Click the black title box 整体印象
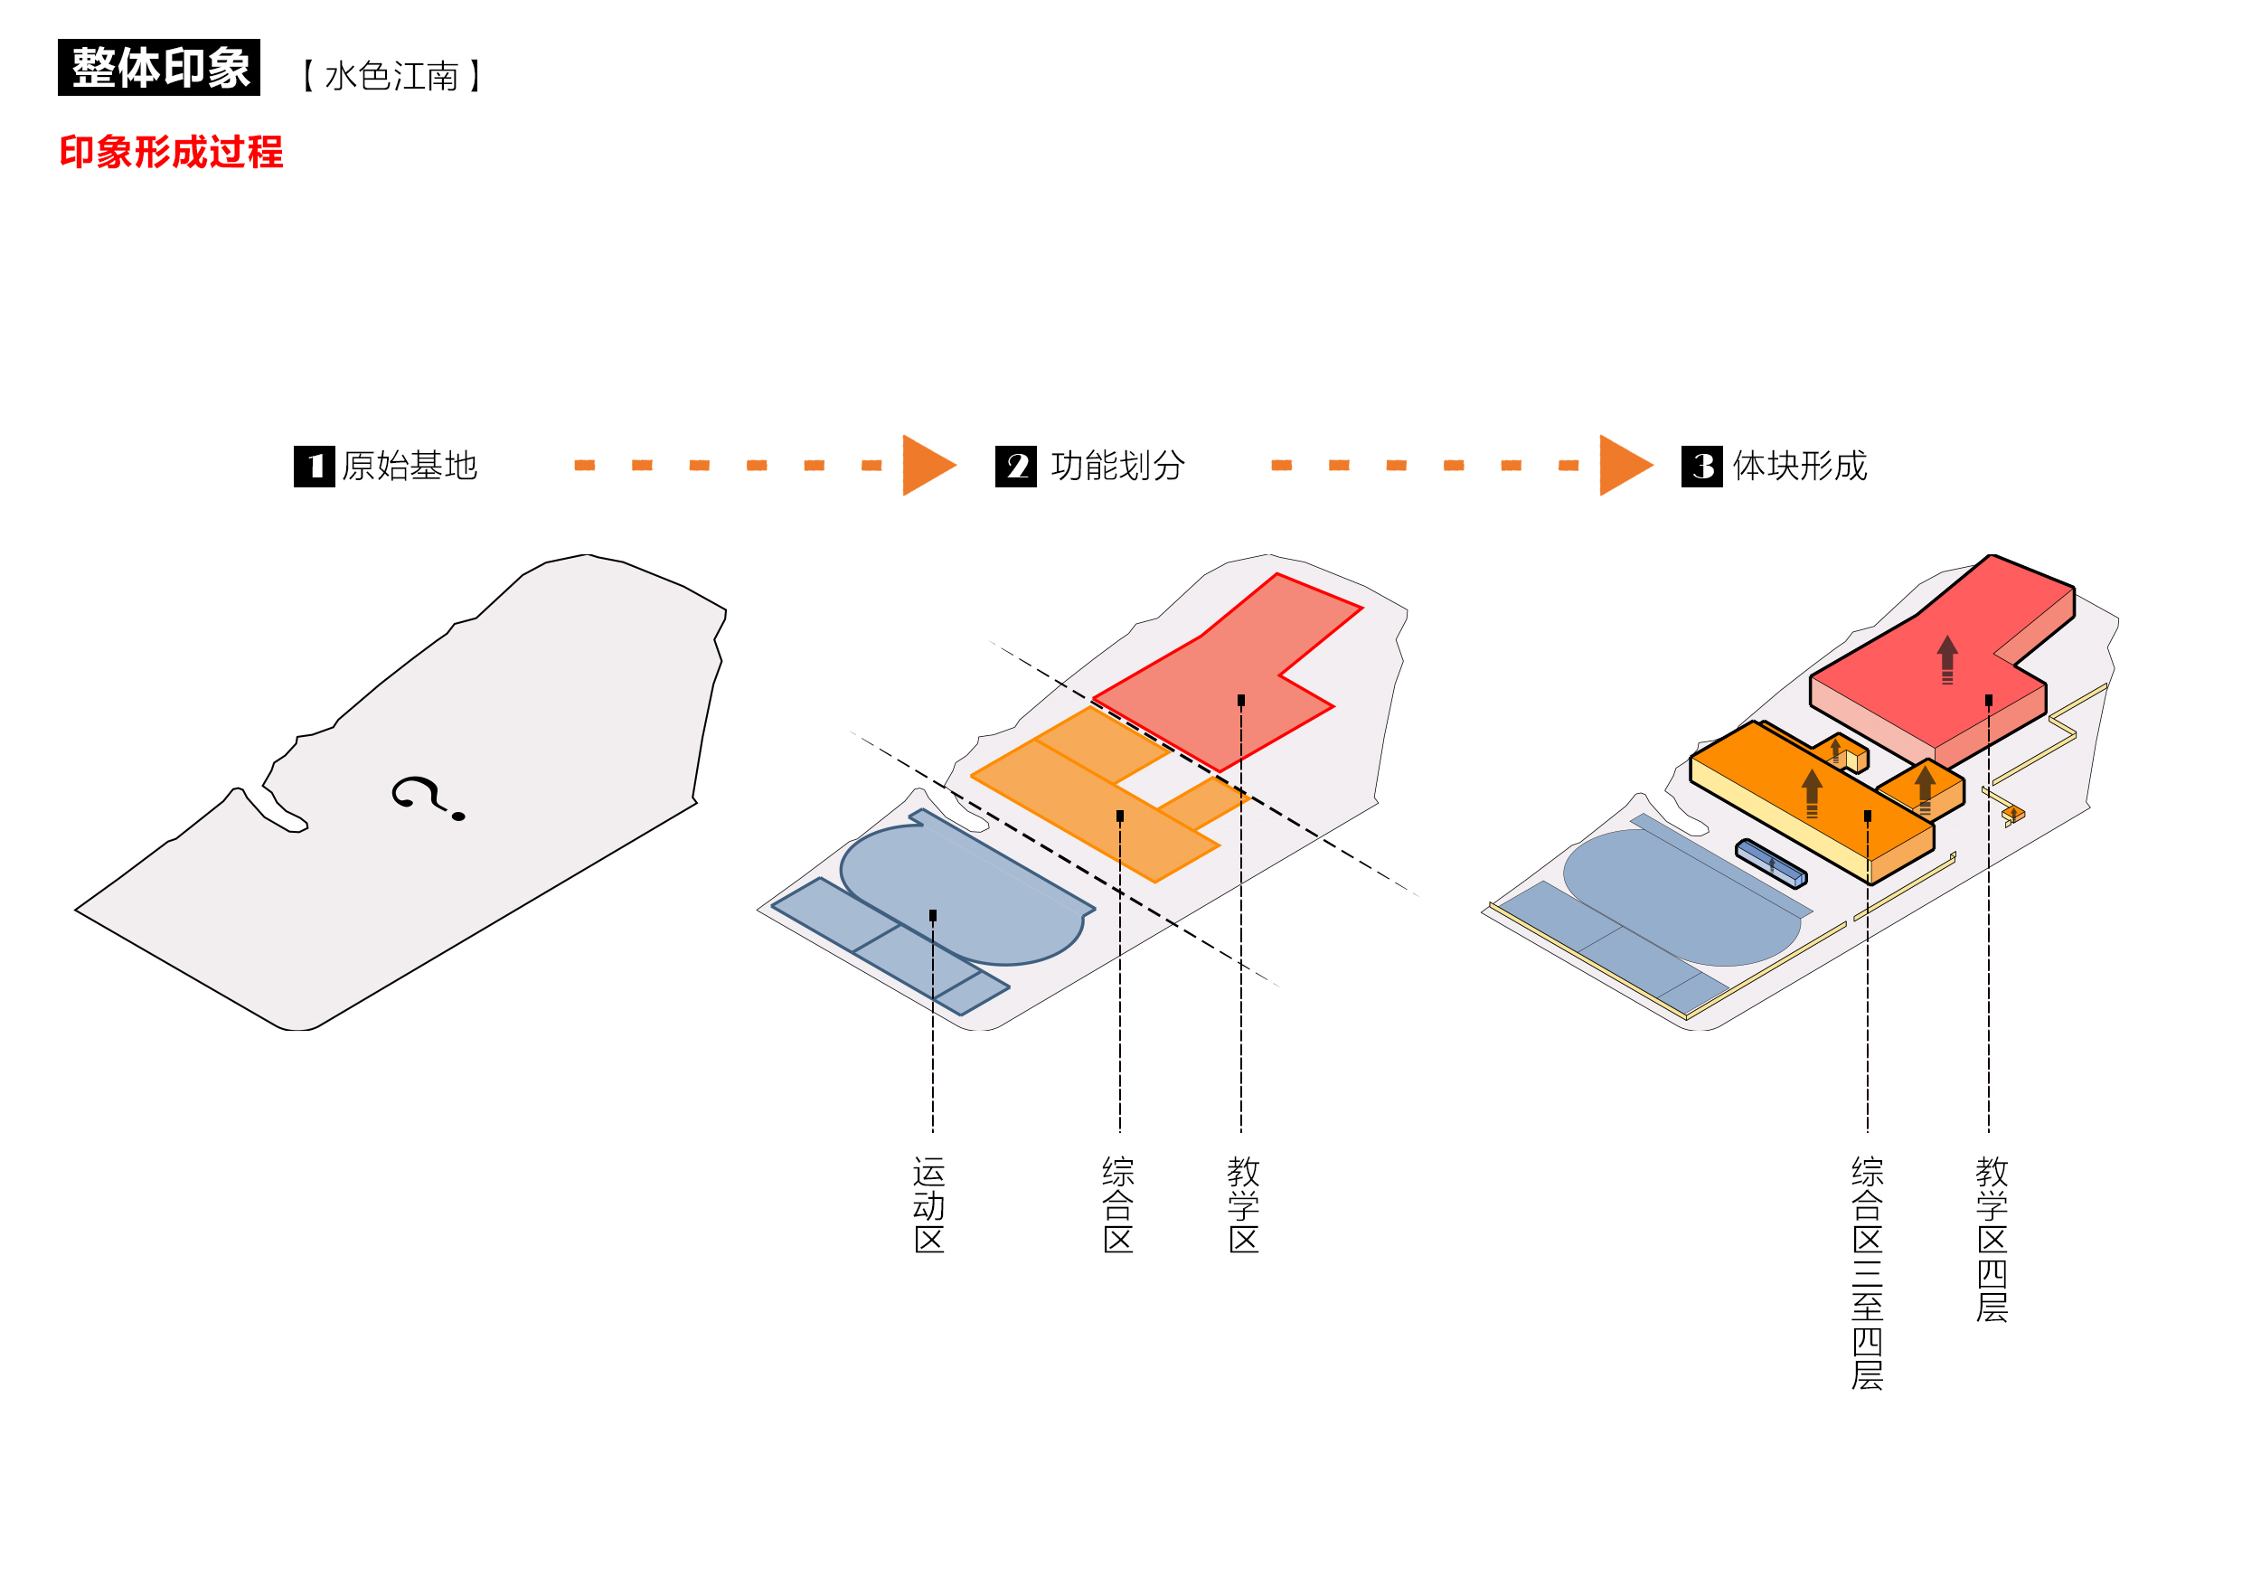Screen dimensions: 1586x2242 (x=159, y=68)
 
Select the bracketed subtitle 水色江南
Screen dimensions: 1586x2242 (x=391, y=76)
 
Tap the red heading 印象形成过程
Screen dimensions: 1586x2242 (x=171, y=152)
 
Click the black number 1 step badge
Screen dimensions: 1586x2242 (x=315, y=466)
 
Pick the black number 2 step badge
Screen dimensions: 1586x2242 (x=1015, y=466)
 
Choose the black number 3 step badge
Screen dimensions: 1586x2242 (x=1702, y=466)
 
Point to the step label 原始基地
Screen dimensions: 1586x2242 (x=410, y=466)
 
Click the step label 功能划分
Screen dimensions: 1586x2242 (x=1118, y=466)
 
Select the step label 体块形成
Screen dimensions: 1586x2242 (x=1800, y=466)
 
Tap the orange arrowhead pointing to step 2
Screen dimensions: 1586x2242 (x=926, y=465)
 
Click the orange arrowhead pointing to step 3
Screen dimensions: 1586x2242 (x=1623, y=465)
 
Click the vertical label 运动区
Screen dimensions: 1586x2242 (x=929, y=1204)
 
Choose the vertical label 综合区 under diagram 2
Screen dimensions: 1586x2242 (x=1118, y=1204)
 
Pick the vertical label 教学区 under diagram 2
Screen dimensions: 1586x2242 (x=1243, y=1204)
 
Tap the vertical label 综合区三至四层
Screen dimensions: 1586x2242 (x=1867, y=1272)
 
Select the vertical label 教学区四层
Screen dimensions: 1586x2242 (x=1991, y=1239)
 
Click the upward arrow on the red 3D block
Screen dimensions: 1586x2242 (x=1947, y=659)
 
